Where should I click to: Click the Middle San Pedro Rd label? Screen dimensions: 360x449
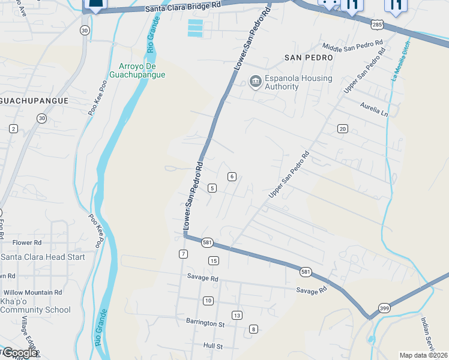click(352, 46)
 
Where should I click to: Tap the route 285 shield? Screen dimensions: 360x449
click(377, 25)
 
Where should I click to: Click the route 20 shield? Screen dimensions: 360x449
click(343, 129)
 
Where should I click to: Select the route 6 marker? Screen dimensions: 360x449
click(232, 176)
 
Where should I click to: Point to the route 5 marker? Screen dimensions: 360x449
click(212, 188)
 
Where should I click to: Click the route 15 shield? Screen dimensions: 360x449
click(213, 260)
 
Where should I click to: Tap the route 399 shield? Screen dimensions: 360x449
click(383, 308)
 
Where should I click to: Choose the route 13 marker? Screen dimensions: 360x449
click(237, 316)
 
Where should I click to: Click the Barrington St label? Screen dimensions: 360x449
click(205, 323)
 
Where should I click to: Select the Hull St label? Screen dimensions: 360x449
click(212, 346)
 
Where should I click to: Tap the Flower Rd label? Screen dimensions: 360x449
click(27, 243)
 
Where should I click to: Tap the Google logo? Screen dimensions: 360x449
click(19, 353)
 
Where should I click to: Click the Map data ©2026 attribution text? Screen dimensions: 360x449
click(423, 355)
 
